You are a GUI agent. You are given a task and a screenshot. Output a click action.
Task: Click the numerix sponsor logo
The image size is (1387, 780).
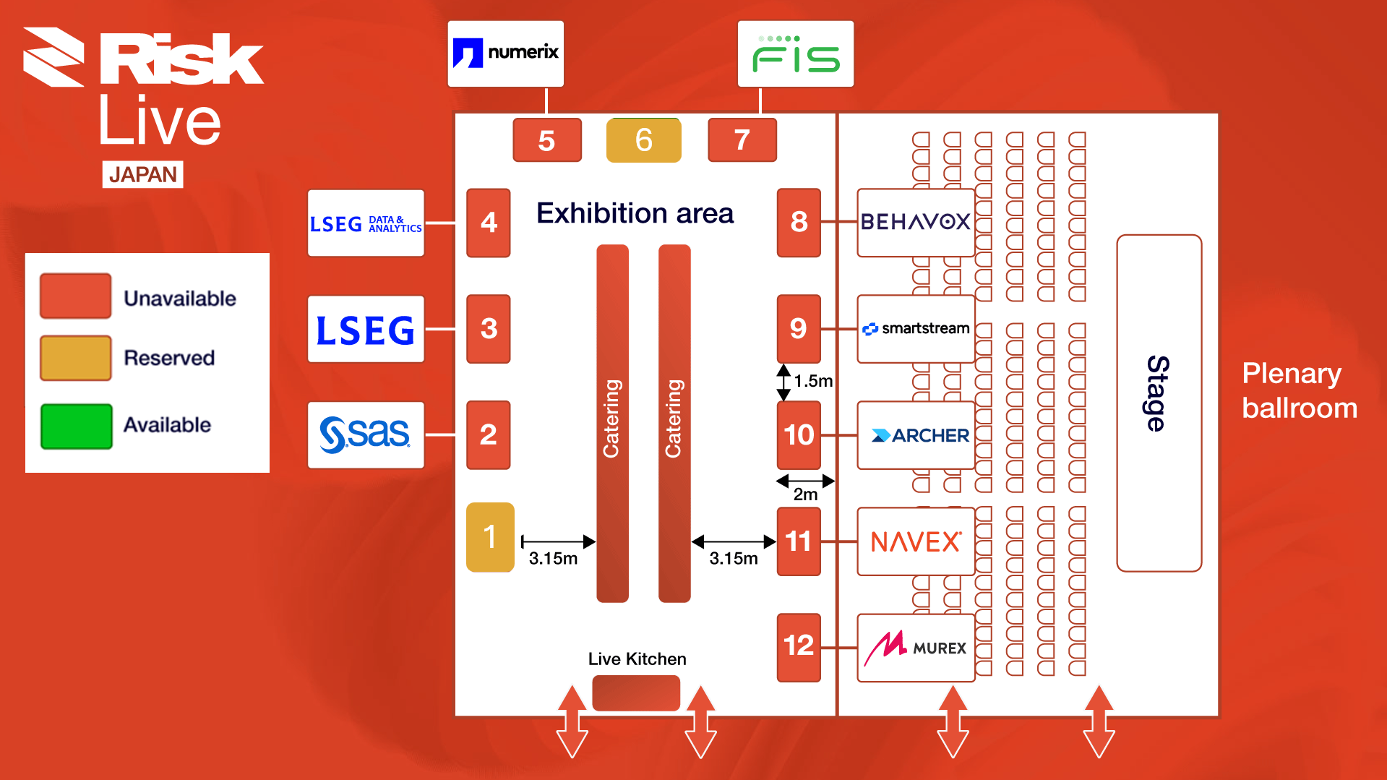pos(505,53)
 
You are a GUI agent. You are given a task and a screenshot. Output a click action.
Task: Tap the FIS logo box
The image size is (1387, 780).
pos(795,54)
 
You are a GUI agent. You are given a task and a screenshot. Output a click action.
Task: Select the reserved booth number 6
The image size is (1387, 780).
pos(643,140)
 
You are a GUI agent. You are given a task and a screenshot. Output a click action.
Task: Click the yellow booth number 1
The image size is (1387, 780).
pos(490,537)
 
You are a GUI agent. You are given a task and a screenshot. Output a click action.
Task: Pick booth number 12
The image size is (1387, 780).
pos(799,646)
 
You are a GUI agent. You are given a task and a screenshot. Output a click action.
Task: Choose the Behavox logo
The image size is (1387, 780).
pos(915,222)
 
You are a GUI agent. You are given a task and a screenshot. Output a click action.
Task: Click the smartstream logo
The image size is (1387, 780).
pos(916,329)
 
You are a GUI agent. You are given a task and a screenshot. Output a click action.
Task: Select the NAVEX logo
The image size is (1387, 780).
pos(916,541)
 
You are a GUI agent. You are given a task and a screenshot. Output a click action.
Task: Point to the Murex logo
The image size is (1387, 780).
pos(916,647)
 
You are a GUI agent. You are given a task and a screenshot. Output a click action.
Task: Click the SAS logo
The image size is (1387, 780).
pos(366,435)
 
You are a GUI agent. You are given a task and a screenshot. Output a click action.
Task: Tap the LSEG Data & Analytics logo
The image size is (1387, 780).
pos(366,223)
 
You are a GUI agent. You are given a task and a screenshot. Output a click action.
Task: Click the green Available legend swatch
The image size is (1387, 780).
pos(76,426)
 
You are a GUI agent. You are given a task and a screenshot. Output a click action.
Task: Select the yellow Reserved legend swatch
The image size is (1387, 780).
pos(76,358)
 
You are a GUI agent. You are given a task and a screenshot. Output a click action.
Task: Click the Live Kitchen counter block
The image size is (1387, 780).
pos(636,693)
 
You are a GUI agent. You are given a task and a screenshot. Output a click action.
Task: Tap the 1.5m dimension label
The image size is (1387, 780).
pos(813,381)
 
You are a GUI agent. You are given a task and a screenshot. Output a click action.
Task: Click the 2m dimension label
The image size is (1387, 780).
pos(805,494)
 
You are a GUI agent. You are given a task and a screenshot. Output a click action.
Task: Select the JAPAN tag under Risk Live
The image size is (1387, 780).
pos(142,174)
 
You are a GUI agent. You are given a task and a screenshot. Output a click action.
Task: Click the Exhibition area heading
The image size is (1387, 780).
pos(635,214)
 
